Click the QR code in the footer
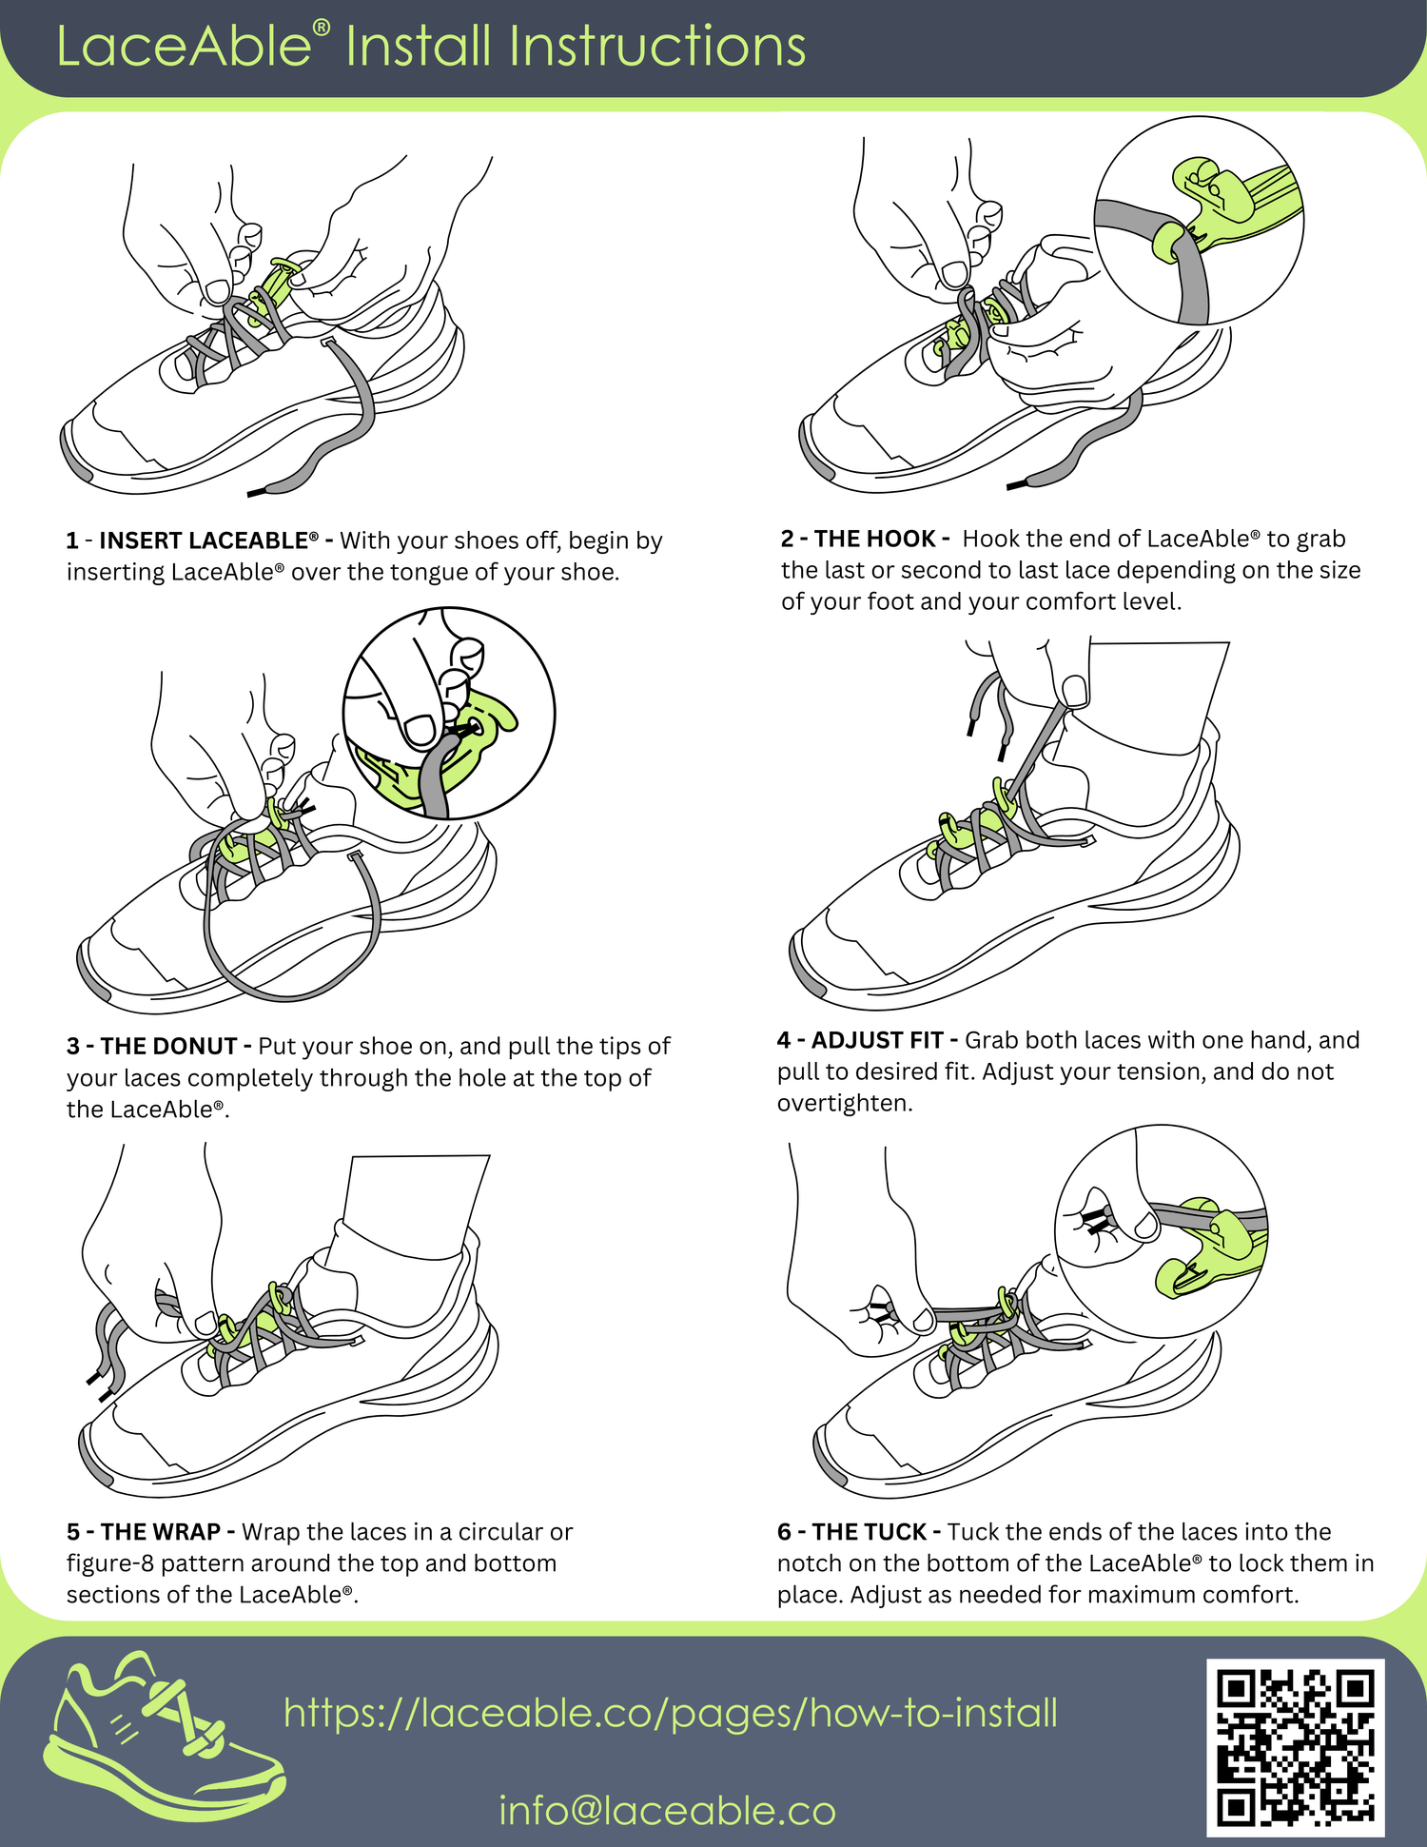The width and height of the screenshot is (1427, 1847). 1296,1747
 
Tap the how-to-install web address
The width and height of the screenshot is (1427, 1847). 671,1713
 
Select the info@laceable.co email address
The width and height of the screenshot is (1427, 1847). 667,1810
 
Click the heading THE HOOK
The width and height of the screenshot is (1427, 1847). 875,539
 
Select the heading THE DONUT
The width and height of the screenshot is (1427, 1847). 168,1046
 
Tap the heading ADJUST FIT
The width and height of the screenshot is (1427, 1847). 877,1040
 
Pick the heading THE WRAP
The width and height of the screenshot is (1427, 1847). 161,1532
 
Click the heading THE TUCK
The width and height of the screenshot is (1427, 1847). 870,1532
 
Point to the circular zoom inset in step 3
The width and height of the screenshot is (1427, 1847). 449,713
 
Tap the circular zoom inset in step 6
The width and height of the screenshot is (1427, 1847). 1162,1231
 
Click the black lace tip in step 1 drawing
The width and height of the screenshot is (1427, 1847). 260,492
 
